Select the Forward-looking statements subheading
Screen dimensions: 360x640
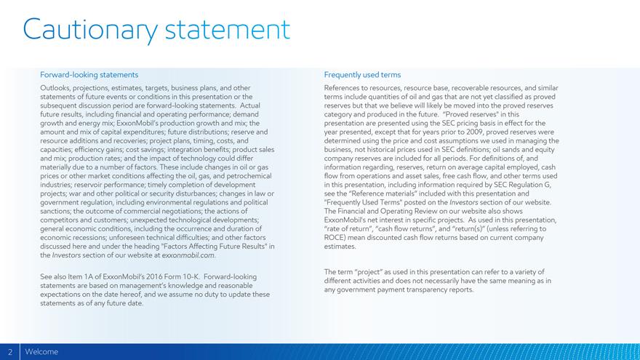point(89,75)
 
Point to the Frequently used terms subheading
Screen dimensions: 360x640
point(362,75)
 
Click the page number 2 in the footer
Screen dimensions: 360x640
point(10,352)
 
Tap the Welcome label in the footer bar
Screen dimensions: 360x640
point(41,352)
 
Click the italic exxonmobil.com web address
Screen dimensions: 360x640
point(188,255)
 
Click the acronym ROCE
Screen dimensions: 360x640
point(336,237)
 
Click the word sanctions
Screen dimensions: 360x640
point(57,211)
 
